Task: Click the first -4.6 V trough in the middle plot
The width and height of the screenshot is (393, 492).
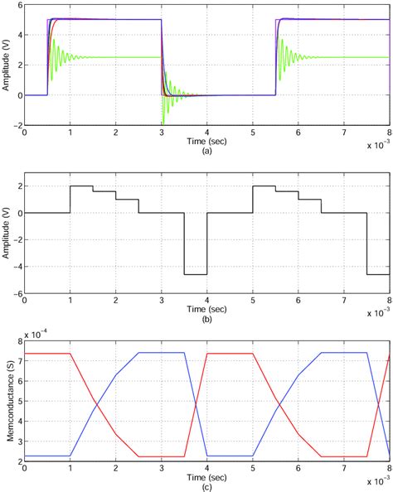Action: click(x=196, y=274)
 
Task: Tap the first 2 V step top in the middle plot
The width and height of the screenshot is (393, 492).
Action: click(x=81, y=186)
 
